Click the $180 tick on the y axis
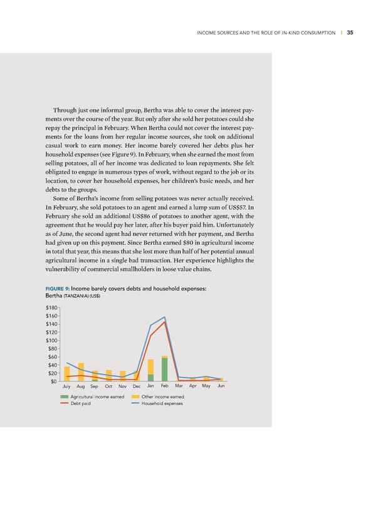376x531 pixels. tap(52, 307)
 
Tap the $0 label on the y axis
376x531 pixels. tap(55, 381)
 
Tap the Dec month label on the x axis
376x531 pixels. tap(137, 387)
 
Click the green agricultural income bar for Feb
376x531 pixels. tap(165, 369)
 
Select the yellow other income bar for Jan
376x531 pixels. tap(151, 366)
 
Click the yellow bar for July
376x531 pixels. tap(67, 374)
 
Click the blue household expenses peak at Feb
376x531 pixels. tap(165, 317)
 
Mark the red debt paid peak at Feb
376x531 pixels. tap(165, 322)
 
